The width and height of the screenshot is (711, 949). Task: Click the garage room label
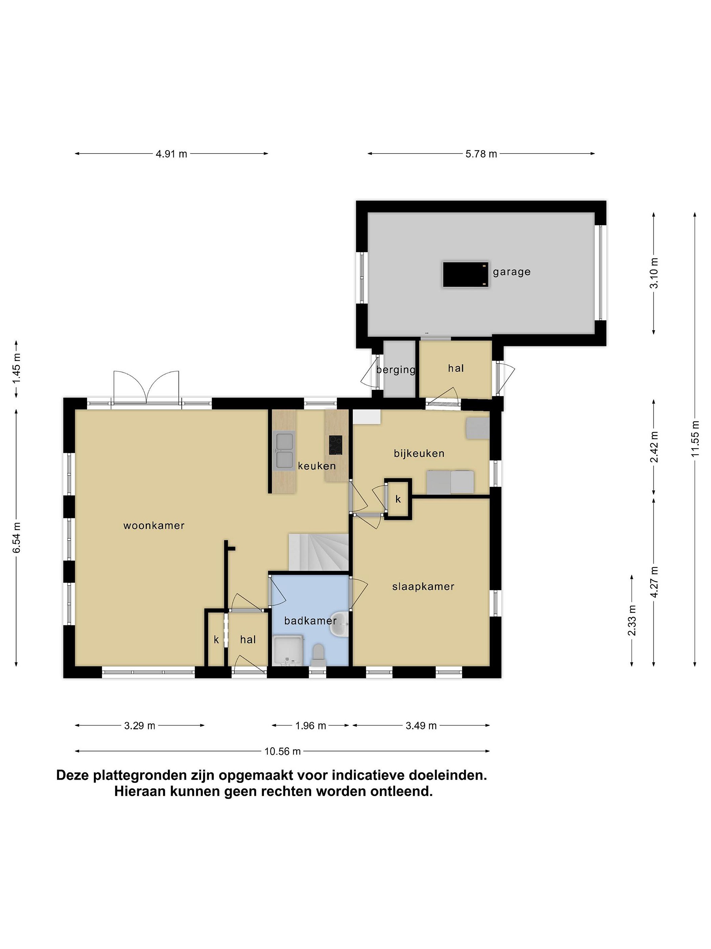[x=511, y=272]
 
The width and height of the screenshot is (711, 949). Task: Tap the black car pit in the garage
[x=465, y=274]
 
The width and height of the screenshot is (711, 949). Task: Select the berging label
[x=396, y=369]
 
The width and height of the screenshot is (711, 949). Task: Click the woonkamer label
[x=154, y=525]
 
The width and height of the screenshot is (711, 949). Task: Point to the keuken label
[x=317, y=466]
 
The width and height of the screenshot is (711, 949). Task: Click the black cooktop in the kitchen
[x=335, y=445]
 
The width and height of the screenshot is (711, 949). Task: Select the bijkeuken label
[x=419, y=453]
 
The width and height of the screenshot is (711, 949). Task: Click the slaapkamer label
[x=423, y=587]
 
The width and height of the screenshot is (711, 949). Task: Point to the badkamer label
[x=310, y=621]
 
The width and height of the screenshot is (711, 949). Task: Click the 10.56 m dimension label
[x=282, y=751]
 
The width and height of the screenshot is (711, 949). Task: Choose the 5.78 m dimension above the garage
[x=481, y=154]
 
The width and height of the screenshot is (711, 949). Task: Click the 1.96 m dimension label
[x=311, y=726]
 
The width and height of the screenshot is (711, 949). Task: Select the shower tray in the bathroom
[x=288, y=651]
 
